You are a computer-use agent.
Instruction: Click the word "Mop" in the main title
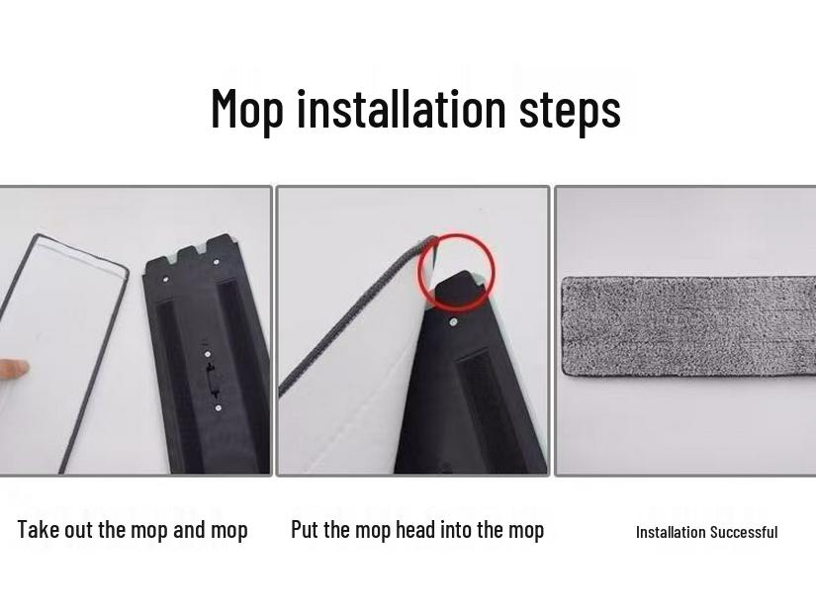[x=248, y=109]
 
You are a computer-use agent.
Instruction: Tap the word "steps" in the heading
[x=571, y=109]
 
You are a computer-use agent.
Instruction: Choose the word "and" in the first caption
[x=188, y=530]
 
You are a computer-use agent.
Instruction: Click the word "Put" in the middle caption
[x=305, y=530]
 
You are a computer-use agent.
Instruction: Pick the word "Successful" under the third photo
[x=745, y=532]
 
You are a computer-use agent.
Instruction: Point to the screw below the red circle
[x=453, y=321]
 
